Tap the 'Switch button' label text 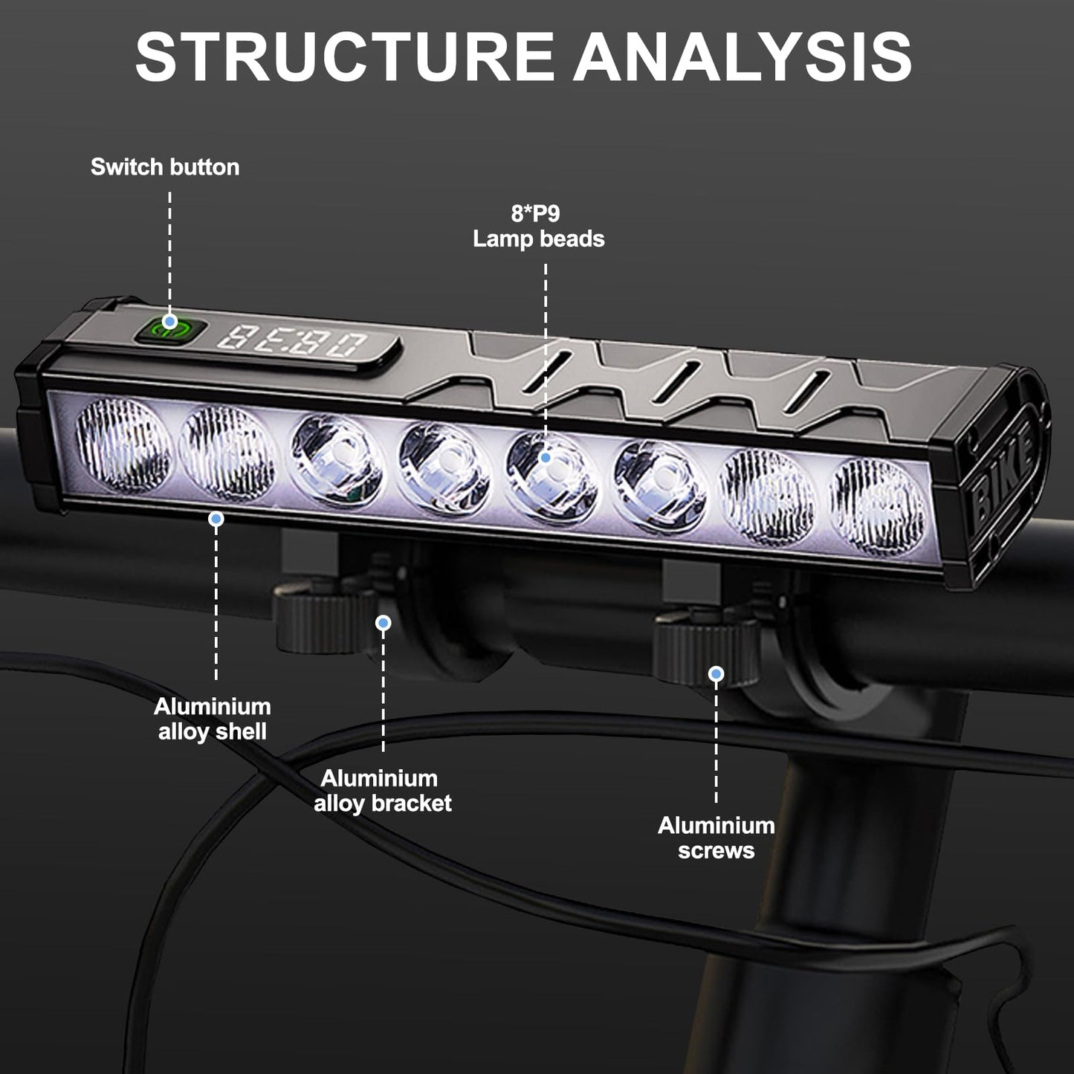[x=165, y=167]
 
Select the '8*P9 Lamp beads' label [x=539, y=227]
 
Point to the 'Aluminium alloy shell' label [x=213, y=719]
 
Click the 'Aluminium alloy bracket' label [x=382, y=791]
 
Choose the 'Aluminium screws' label [x=716, y=838]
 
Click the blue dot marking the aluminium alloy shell [x=216, y=519]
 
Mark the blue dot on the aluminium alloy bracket [x=384, y=623]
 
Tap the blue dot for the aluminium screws [x=716, y=674]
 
